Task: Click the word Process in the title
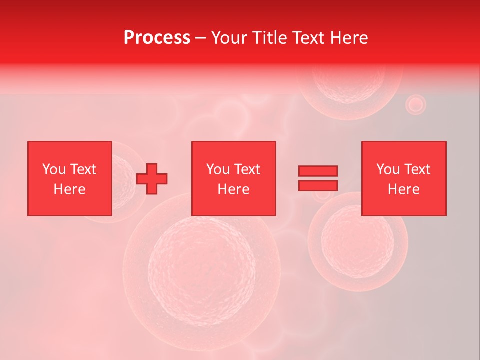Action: (157, 38)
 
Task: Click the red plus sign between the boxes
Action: (152, 179)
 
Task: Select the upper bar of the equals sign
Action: (318, 171)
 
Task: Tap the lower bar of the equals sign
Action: (318, 185)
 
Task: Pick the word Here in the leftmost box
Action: (69, 189)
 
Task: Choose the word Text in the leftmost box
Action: (83, 169)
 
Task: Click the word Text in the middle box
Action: (247, 169)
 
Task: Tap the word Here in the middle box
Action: (233, 189)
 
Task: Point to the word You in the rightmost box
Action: (388, 169)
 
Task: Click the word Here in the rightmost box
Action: (403, 189)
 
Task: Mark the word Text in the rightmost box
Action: (417, 169)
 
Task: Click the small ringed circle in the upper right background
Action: (415, 105)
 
